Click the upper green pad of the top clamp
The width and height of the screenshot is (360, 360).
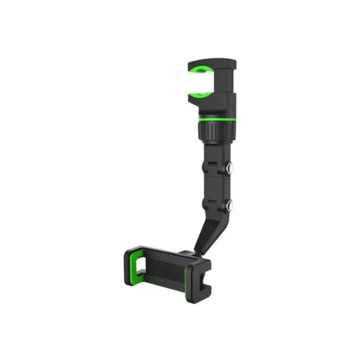[x=202, y=68]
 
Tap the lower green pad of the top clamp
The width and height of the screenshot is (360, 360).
[x=202, y=93]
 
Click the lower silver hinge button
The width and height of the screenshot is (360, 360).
[x=229, y=205]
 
